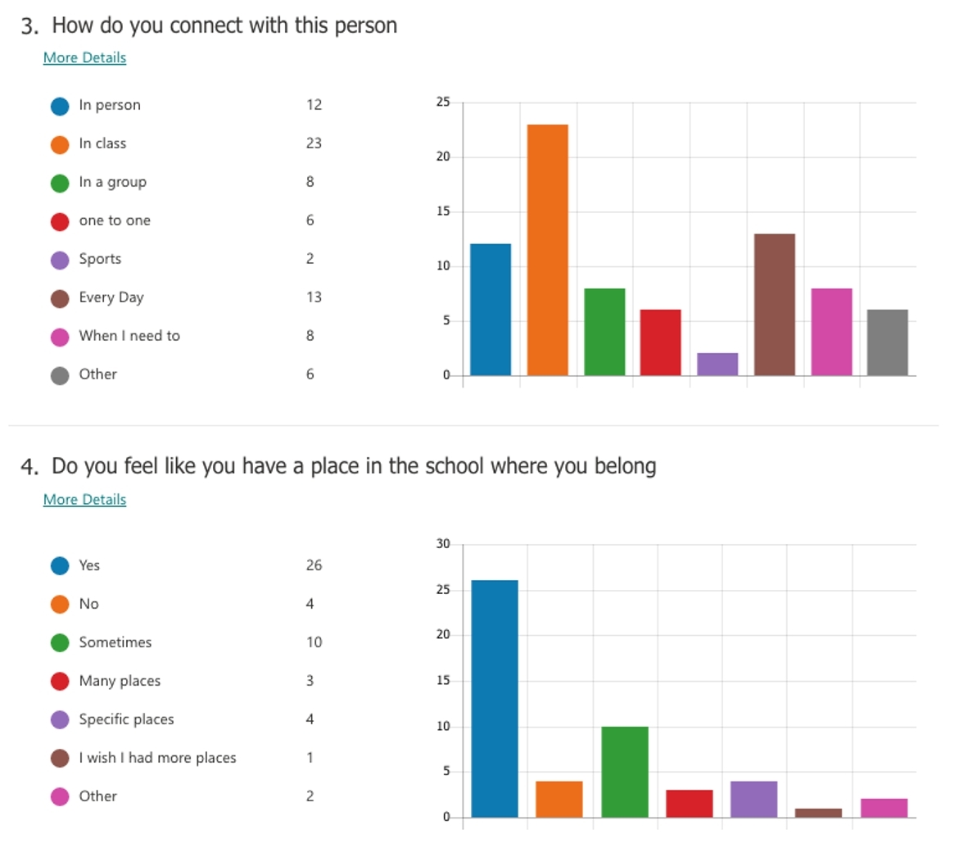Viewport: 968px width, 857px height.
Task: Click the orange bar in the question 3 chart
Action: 547,250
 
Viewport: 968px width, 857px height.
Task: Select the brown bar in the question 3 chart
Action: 774,305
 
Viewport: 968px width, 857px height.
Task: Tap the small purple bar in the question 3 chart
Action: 717,365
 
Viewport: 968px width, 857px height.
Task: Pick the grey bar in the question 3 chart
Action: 887,342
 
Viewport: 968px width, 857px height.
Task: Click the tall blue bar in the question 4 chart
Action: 495,698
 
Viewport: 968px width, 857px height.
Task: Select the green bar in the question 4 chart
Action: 624,771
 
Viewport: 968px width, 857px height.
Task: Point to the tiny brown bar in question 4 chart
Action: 818,813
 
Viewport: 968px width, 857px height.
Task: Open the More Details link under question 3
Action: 84,57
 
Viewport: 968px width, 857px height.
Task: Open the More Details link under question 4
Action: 84,499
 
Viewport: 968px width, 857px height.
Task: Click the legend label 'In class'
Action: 102,143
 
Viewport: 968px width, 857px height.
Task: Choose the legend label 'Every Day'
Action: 111,297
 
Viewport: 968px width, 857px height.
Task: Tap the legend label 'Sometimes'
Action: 115,642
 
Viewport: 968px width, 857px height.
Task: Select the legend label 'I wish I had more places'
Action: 157,758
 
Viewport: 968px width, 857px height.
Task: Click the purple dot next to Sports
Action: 60,260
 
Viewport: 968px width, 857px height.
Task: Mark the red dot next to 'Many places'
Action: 60,682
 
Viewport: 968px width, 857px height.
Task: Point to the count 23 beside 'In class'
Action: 314,143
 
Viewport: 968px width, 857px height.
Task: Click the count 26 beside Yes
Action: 314,565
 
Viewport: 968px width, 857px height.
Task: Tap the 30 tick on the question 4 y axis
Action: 443,544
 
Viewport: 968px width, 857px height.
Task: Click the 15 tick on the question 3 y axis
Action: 443,211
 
